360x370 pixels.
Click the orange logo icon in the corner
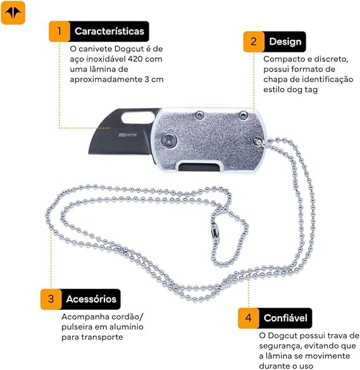point(13,13)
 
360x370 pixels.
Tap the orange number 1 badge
point(59,31)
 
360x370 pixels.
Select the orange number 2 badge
point(254,42)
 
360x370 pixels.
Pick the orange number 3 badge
point(51,299)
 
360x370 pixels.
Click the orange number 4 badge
point(249,318)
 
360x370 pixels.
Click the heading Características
point(109,31)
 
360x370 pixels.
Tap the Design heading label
point(285,42)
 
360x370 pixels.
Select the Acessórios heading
point(91,299)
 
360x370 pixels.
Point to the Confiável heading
point(285,318)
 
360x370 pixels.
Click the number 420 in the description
point(135,59)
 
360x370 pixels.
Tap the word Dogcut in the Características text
point(129,49)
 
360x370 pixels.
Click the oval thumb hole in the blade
point(137,117)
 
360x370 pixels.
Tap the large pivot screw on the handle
point(169,140)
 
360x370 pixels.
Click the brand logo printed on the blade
point(128,135)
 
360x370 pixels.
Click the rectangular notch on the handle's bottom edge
point(200,166)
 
